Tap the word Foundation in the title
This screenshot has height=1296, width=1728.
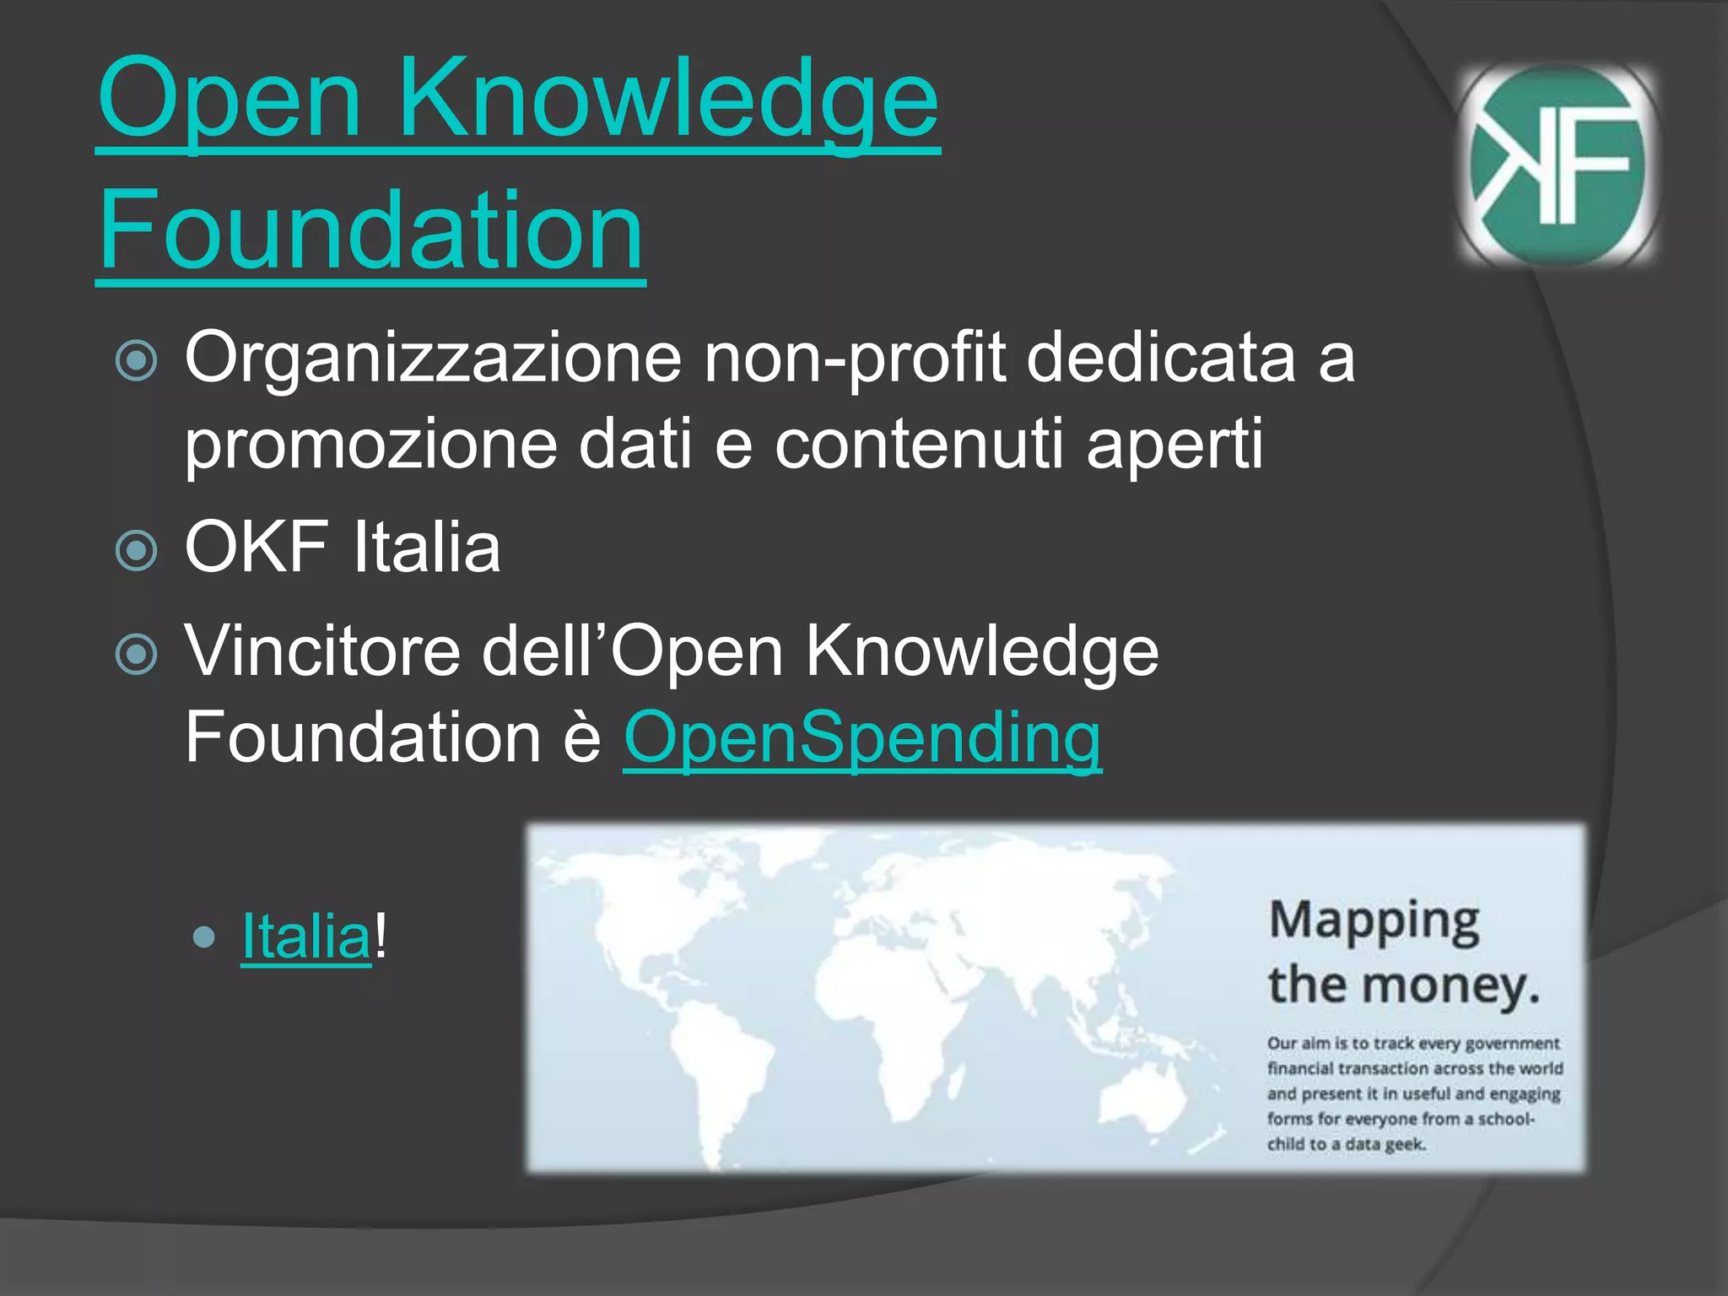click(371, 229)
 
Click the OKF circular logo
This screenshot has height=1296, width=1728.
click(1557, 165)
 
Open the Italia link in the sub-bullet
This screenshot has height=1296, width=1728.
click(305, 937)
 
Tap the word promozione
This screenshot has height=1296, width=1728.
click(371, 444)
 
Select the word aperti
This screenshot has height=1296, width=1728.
click(1174, 444)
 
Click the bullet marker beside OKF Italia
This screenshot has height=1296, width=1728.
click(136, 550)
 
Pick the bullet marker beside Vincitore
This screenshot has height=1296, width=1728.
click(136, 654)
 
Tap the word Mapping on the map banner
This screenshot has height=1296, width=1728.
click(1374, 921)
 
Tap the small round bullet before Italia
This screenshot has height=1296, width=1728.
click(203, 937)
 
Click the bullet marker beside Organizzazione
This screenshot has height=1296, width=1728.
click(136, 360)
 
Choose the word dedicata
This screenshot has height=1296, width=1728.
click(1160, 358)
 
